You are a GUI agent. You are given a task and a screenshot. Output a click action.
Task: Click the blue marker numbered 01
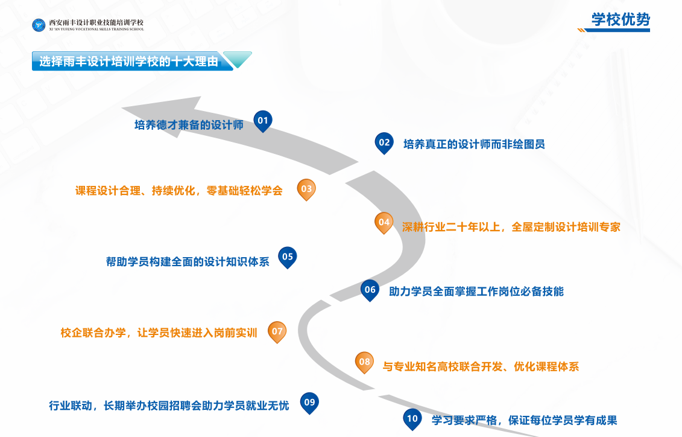coord(263,121)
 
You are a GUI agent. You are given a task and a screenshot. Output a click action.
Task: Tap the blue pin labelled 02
coord(384,143)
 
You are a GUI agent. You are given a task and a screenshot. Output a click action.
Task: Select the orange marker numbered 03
coord(306,190)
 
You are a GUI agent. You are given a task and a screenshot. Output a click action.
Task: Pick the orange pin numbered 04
coord(384,223)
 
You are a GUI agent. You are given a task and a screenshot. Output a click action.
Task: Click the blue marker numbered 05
coord(288,257)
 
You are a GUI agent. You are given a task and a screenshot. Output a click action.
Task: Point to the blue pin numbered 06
coord(370,290)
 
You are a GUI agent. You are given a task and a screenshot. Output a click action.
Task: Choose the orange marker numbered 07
coord(277,332)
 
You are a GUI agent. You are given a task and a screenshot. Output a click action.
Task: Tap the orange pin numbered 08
coord(364,362)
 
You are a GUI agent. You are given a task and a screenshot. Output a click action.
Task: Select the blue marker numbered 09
coord(309,403)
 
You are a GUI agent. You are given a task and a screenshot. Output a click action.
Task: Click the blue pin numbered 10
coord(412,419)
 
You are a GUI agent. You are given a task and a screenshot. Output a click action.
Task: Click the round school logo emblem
coord(39,25)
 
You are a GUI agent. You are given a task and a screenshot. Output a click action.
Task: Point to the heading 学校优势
coord(620,19)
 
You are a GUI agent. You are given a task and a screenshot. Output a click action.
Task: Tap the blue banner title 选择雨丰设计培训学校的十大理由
coord(129,62)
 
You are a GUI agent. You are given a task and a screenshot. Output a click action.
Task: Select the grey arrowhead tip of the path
coord(122,107)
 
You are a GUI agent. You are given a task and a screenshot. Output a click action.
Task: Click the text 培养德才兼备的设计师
coord(189,125)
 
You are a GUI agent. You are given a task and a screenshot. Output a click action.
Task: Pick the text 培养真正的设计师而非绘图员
coord(474,144)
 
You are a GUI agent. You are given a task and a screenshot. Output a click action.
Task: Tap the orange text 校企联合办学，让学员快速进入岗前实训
coord(159,333)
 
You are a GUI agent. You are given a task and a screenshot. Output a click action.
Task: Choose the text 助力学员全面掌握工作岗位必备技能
coord(476,291)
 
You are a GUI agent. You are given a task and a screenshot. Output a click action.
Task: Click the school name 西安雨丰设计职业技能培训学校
coord(96,22)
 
